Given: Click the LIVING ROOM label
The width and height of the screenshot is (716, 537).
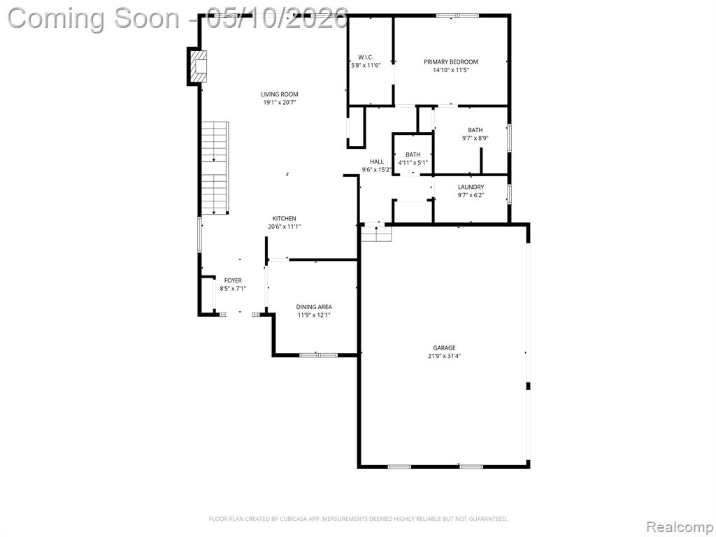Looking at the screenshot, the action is pyautogui.click(x=280, y=94).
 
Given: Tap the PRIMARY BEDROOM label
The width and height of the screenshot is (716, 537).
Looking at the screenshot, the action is pyautogui.click(x=451, y=62).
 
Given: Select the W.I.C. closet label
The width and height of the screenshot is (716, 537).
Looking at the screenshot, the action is pyautogui.click(x=365, y=57).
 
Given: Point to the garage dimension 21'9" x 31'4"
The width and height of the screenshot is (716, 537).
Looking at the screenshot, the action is pyautogui.click(x=444, y=356).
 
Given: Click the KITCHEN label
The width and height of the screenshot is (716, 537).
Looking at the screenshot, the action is pyautogui.click(x=285, y=219).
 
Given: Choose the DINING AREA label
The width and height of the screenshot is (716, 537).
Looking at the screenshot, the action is pyautogui.click(x=314, y=308).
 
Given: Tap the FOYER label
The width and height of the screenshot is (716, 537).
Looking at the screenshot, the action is pyautogui.click(x=233, y=280).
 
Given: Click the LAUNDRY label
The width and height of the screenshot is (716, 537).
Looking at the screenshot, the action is pyautogui.click(x=471, y=187).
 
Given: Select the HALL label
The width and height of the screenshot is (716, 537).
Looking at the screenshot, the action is pyautogui.click(x=377, y=162).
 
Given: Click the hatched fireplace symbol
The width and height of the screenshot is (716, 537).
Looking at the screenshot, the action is pyautogui.click(x=198, y=66).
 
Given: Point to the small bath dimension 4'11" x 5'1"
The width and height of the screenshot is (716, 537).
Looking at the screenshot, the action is pyautogui.click(x=413, y=162).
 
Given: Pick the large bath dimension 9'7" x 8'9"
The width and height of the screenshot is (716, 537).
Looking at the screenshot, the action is pyautogui.click(x=475, y=138).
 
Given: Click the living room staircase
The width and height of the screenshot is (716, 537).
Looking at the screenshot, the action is pyautogui.click(x=215, y=168).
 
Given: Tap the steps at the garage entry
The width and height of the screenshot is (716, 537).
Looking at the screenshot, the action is pyautogui.click(x=376, y=234).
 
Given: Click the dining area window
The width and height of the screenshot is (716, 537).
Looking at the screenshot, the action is pyautogui.click(x=318, y=355).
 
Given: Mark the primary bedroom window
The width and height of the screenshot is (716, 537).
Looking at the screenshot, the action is pyautogui.click(x=457, y=15).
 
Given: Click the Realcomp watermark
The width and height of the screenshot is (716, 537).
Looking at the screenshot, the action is pyautogui.click(x=680, y=527).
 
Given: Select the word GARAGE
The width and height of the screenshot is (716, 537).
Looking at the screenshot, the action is pyautogui.click(x=444, y=348).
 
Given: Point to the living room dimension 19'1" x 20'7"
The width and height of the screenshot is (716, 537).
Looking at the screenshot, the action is pyautogui.click(x=280, y=103).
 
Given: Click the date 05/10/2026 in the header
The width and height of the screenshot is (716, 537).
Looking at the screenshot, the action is pyautogui.click(x=277, y=19).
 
